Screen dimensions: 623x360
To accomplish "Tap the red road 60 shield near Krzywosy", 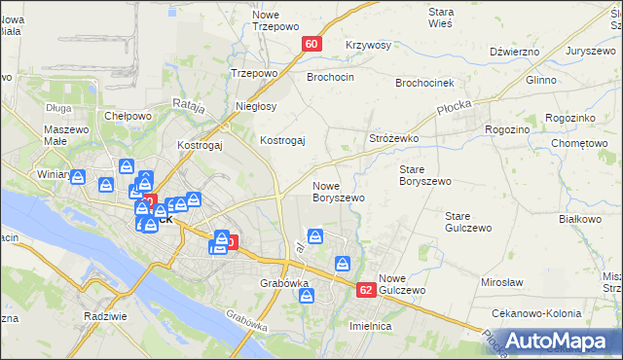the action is coord(312,44).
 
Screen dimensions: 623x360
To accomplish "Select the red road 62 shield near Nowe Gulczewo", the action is coord(366,290).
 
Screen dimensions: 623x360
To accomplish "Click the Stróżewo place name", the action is coord(393,139).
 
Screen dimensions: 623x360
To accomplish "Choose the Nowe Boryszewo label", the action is coord(338,192).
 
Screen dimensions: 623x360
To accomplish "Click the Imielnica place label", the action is coord(370,327).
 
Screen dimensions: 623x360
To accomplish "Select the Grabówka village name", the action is coord(284,284).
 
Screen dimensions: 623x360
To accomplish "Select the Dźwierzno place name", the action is coord(515,52).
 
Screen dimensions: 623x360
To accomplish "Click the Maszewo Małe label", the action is coord(67,136).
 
